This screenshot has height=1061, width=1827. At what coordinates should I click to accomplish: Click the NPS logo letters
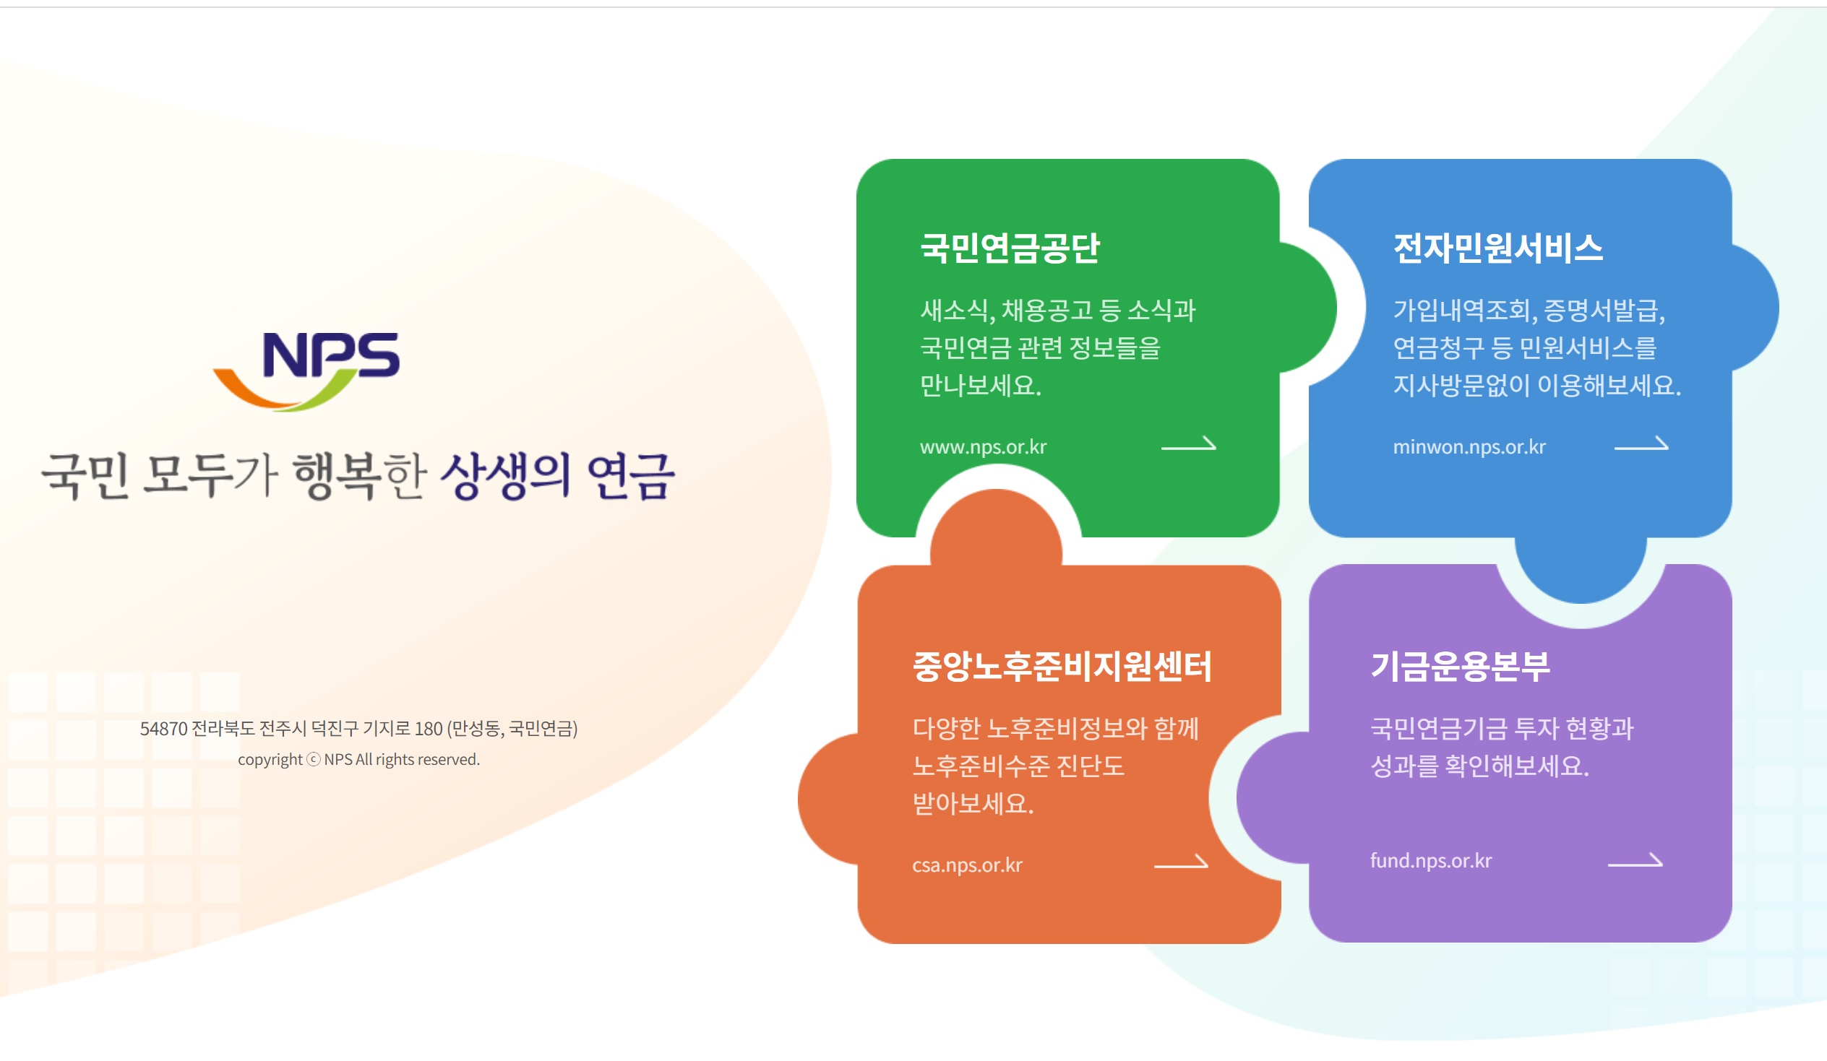click(x=330, y=355)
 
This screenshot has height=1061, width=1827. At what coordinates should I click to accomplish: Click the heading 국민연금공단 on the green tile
click(x=1010, y=248)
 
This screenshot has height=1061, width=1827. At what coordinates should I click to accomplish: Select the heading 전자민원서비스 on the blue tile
click(x=1498, y=248)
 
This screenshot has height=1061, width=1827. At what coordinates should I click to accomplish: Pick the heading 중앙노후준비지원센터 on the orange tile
click(x=1062, y=667)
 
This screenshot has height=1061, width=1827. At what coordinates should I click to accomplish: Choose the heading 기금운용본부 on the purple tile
click(x=1460, y=667)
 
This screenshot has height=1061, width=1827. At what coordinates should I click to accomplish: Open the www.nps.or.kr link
click(x=983, y=447)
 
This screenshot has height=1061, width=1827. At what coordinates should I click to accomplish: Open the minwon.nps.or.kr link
click(x=1469, y=447)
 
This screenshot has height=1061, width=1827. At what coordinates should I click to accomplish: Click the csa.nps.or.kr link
click(x=967, y=865)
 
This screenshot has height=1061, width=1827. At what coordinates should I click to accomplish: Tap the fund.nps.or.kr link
click(x=1430, y=861)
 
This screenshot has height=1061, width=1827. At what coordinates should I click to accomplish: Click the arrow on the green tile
click(x=1188, y=444)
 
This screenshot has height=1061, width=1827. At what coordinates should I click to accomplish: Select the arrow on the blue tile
click(x=1641, y=444)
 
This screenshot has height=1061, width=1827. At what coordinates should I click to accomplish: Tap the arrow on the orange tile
click(x=1181, y=862)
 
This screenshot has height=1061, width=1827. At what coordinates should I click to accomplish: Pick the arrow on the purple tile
click(x=1635, y=861)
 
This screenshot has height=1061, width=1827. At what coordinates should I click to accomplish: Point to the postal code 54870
click(x=163, y=729)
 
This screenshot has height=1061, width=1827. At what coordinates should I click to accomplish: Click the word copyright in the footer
click(x=270, y=761)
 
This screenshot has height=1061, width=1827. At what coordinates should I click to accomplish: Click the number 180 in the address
click(x=429, y=729)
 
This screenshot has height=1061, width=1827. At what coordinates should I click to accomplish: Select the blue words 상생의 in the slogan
click(x=505, y=476)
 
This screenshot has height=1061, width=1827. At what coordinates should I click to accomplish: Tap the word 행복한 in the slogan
click(x=360, y=476)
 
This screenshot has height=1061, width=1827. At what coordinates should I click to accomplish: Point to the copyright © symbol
click(x=313, y=761)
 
